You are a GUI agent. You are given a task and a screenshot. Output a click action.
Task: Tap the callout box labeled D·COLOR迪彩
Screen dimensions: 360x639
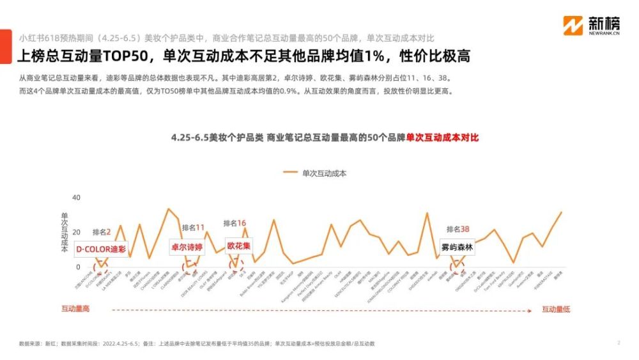[101, 249]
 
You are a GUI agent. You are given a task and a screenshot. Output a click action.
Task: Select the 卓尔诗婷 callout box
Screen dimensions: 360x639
[186, 247]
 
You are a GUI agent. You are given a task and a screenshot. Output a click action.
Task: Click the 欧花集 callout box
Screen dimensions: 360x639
[239, 246]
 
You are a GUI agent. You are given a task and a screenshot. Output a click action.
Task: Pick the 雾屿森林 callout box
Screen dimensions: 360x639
[458, 247]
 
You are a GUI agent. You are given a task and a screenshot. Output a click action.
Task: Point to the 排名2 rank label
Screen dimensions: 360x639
[102, 231]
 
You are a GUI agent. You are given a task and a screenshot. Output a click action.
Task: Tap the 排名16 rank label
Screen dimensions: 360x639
[235, 223]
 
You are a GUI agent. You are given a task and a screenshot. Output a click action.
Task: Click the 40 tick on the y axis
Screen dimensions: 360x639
[76, 198]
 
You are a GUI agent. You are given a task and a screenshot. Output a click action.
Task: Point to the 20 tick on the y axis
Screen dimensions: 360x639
[76, 232]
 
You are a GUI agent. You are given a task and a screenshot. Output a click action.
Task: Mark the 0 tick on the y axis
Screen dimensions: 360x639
[78, 267]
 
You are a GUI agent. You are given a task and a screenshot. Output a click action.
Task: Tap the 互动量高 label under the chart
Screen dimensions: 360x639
[75, 309]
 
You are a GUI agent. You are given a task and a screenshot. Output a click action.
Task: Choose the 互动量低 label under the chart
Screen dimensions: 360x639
[556, 309]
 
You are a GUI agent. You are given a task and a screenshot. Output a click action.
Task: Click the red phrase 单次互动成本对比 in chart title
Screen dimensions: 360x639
[442, 137]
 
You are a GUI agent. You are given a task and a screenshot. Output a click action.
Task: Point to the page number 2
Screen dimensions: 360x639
[619, 343]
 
